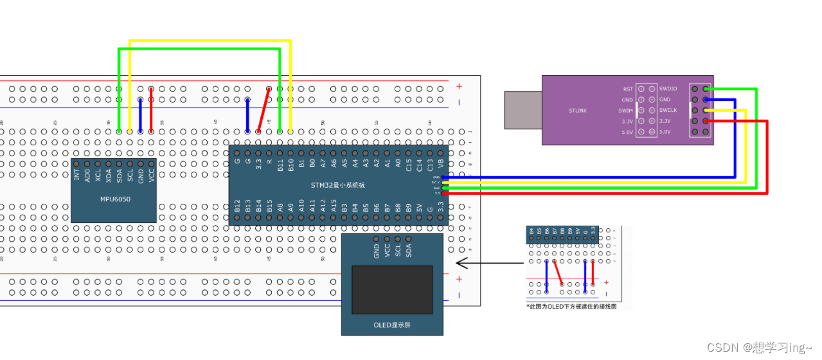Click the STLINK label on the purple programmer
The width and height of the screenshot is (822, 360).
tap(578, 111)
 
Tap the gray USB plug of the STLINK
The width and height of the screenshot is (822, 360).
tap(523, 110)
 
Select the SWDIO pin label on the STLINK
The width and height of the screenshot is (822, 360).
tap(668, 89)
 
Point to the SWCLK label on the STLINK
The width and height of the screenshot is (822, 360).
tap(669, 110)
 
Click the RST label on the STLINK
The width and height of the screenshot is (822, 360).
tap(627, 89)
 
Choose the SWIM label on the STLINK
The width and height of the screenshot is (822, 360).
tap(626, 110)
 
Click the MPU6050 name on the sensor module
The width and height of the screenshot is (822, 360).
tap(115, 199)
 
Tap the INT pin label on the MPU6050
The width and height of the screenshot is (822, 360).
tap(77, 174)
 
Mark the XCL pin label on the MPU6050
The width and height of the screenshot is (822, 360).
tap(98, 174)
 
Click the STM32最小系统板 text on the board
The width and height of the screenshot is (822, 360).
tap(339, 185)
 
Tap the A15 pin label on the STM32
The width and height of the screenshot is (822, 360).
tap(333, 205)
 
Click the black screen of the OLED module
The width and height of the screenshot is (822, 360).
tap(392, 289)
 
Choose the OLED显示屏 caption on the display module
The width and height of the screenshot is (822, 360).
tap(392, 325)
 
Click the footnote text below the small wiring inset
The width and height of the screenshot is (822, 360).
tap(571, 307)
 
